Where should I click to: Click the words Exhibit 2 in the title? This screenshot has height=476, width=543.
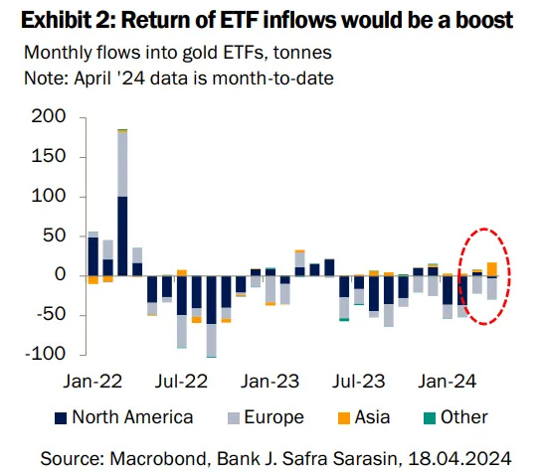(64, 19)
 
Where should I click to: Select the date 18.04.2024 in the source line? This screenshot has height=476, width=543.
(460, 457)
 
